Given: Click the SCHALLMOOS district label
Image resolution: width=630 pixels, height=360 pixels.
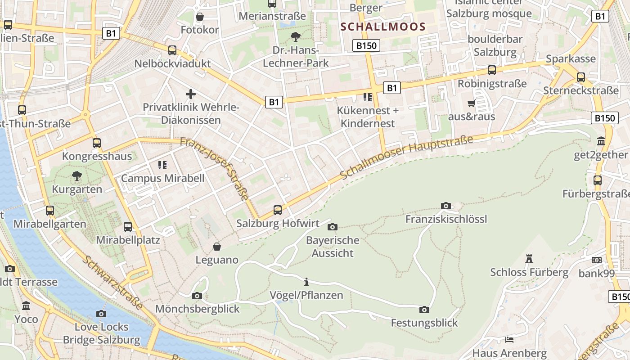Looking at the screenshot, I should (383, 27).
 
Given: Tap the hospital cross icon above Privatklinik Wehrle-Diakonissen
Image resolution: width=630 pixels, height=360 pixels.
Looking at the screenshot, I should (191, 94).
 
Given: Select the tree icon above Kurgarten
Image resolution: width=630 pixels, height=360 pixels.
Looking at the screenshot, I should (77, 176).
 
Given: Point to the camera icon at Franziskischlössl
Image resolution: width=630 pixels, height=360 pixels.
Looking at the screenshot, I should (446, 206).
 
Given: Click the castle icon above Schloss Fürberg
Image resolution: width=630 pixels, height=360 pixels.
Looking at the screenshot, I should (529, 259).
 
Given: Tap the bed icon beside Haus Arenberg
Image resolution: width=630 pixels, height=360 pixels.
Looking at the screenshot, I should (509, 339).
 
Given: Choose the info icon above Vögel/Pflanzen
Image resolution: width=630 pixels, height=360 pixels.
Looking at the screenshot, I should (306, 282).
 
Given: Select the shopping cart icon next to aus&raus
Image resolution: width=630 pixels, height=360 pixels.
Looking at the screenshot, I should (471, 103).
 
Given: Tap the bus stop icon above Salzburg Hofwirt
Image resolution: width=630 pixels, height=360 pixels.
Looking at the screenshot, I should (278, 210).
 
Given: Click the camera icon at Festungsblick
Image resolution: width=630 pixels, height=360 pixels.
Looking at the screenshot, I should (424, 310).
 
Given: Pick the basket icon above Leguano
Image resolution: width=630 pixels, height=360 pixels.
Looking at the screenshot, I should (217, 247).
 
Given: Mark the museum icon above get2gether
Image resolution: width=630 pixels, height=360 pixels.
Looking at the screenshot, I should (601, 141).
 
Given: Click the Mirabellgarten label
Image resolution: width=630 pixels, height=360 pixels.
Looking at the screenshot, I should (50, 224).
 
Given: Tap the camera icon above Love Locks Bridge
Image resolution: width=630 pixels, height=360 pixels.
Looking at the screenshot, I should (101, 314).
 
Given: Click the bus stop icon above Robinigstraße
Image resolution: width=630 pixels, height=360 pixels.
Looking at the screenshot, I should (492, 70).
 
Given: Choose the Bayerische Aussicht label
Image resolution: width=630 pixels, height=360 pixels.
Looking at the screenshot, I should (333, 247).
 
